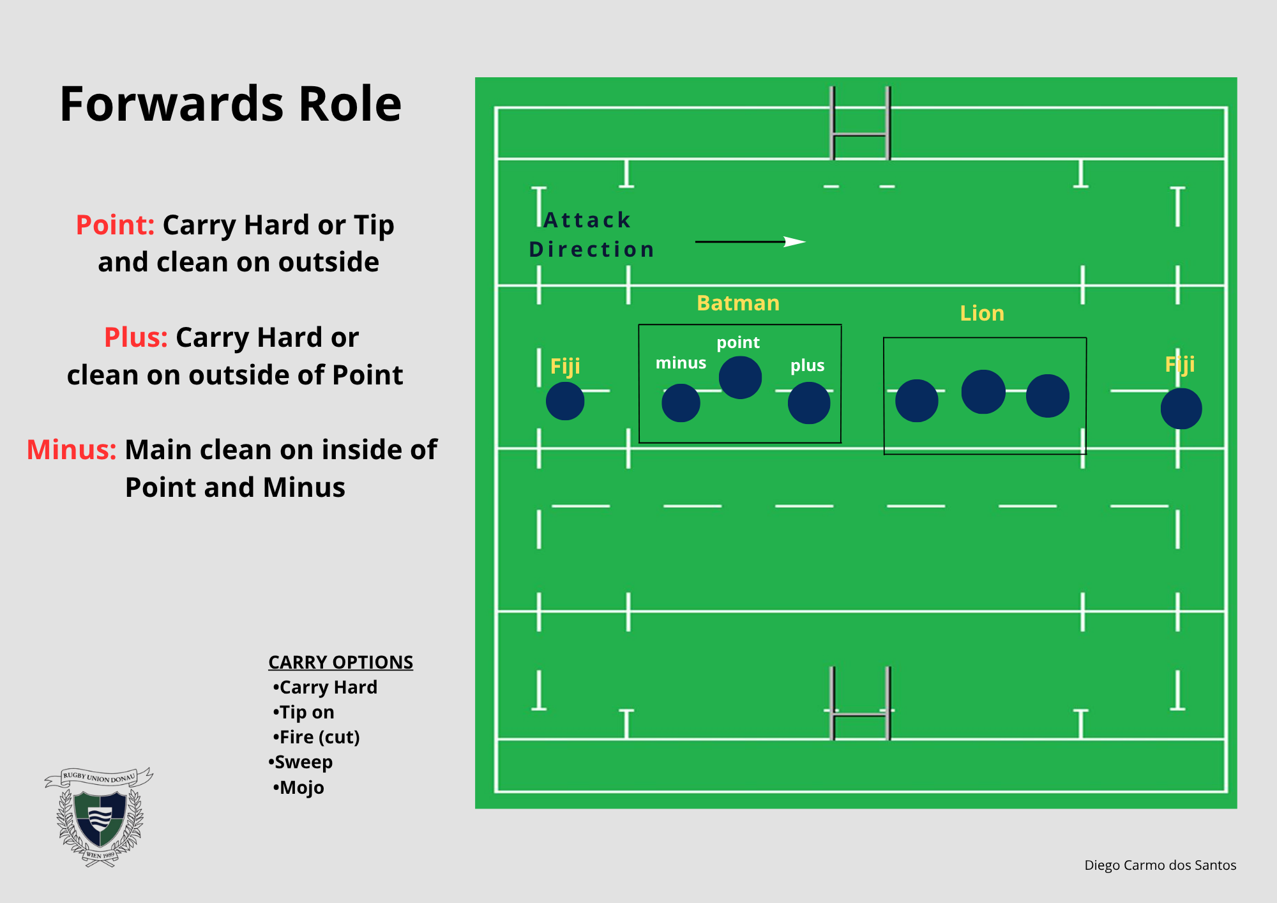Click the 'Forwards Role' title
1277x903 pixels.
(230, 104)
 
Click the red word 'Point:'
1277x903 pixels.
(115, 225)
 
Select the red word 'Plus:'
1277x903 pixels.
(135, 337)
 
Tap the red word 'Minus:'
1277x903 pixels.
(72, 450)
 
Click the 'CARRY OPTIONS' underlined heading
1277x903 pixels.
(340, 662)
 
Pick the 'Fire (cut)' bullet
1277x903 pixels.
(316, 737)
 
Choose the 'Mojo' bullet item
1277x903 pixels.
(298, 787)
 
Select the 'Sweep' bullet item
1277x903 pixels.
(300, 762)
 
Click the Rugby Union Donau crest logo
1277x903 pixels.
(99, 817)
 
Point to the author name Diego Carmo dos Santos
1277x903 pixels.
(1160, 865)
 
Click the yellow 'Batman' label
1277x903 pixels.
(738, 303)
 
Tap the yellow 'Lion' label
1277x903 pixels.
(982, 313)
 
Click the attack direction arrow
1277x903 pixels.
(750, 241)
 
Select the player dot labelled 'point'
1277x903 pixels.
(740, 377)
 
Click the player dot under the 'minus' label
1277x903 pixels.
(681, 403)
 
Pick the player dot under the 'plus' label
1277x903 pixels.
(809, 403)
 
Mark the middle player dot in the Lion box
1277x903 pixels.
(983, 391)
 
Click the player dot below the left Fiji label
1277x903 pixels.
(565, 401)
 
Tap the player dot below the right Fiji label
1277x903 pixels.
(1181, 409)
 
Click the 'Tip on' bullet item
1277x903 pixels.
(303, 712)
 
